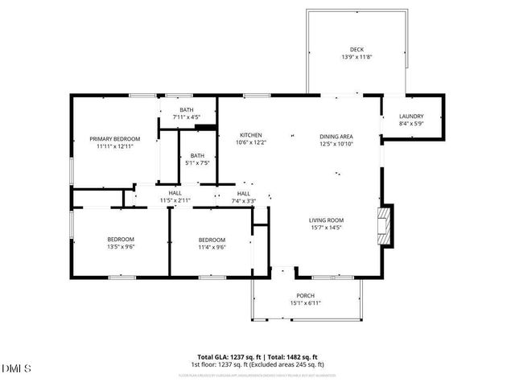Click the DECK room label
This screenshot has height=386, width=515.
356,49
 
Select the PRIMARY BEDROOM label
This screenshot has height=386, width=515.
114,139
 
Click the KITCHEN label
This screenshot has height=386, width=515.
250,134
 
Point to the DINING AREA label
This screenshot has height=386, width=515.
336,137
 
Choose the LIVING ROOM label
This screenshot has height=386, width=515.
326,220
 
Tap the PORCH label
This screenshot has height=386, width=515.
305,295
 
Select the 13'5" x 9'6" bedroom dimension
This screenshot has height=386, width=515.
121,247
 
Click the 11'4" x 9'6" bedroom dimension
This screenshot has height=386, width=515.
212,247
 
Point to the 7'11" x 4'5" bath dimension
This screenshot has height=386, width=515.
187,117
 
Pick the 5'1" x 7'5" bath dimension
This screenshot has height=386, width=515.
197,163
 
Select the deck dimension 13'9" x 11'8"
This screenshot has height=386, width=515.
356,57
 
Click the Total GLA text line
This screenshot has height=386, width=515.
257,357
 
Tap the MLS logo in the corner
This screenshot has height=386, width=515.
17,368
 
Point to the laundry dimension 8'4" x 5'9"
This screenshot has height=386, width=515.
411,124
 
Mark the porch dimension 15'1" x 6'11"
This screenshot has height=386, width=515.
305,302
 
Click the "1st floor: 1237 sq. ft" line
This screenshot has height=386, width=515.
257,364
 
